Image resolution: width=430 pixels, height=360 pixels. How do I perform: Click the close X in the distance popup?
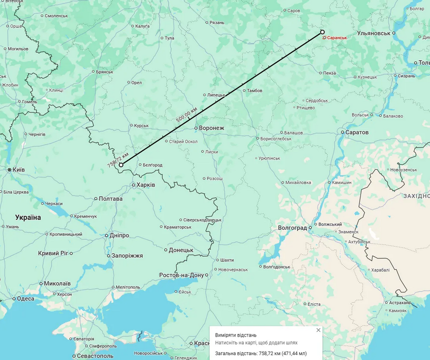pyautogui.click(x=319, y=330)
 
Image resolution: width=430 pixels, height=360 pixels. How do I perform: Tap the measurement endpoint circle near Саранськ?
pyautogui.click(x=322, y=32)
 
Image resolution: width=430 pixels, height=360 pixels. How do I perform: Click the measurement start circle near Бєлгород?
pyautogui.click(x=121, y=165)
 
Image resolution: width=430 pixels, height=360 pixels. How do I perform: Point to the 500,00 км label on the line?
pyautogui.click(x=187, y=114)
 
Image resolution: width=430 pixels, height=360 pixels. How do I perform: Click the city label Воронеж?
pyautogui.click(x=211, y=128)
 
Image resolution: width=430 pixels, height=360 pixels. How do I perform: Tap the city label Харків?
pyautogui.click(x=146, y=185)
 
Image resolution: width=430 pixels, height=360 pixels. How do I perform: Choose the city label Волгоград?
pyautogui.click(x=292, y=228)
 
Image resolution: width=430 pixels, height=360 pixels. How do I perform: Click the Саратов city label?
pyautogui.click(x=357, y=133)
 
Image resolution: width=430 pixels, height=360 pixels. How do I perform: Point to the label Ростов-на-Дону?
pyautogui.click(x=181, y=275)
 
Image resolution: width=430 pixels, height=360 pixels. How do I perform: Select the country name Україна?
pyautogui.click(x=28, y=217)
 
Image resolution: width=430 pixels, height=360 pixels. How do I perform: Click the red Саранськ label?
pyautogui.click(x=337, y=38)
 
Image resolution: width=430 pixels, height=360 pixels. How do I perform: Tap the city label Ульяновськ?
pyautogui.click(x=374, y=33)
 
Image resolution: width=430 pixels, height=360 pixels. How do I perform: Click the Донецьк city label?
pyautogui.click(x=181, y=250)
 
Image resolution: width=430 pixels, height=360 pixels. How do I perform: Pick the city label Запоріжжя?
pyautogui.click(x=128, y=256)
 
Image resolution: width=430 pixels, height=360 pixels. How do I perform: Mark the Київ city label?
pyautogui.click(x=19, y=169)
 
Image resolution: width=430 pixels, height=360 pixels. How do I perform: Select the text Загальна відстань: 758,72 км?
pyautogui.click(x=261, y=353)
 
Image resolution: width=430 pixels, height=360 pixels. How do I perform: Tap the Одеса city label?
pyautogui.click(x=25, y=298)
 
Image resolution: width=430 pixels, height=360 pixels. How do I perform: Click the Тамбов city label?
pyautogui.click(x=254, y=90)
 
